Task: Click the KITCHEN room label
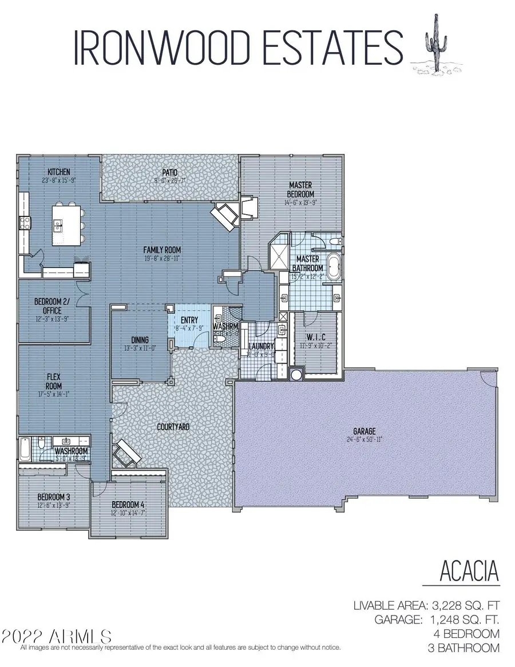click(x=59, y=172)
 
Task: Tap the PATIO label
click(x=169, y=172)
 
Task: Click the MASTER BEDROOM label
click(x=300, y=189)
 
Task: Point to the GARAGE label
click(x=364, y=431)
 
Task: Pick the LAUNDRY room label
click(x=260, y=346)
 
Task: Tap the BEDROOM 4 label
click(x=127, y=504)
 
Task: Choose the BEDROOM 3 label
click(x=54, y=496)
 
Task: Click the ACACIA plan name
click(x=469, y=571)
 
